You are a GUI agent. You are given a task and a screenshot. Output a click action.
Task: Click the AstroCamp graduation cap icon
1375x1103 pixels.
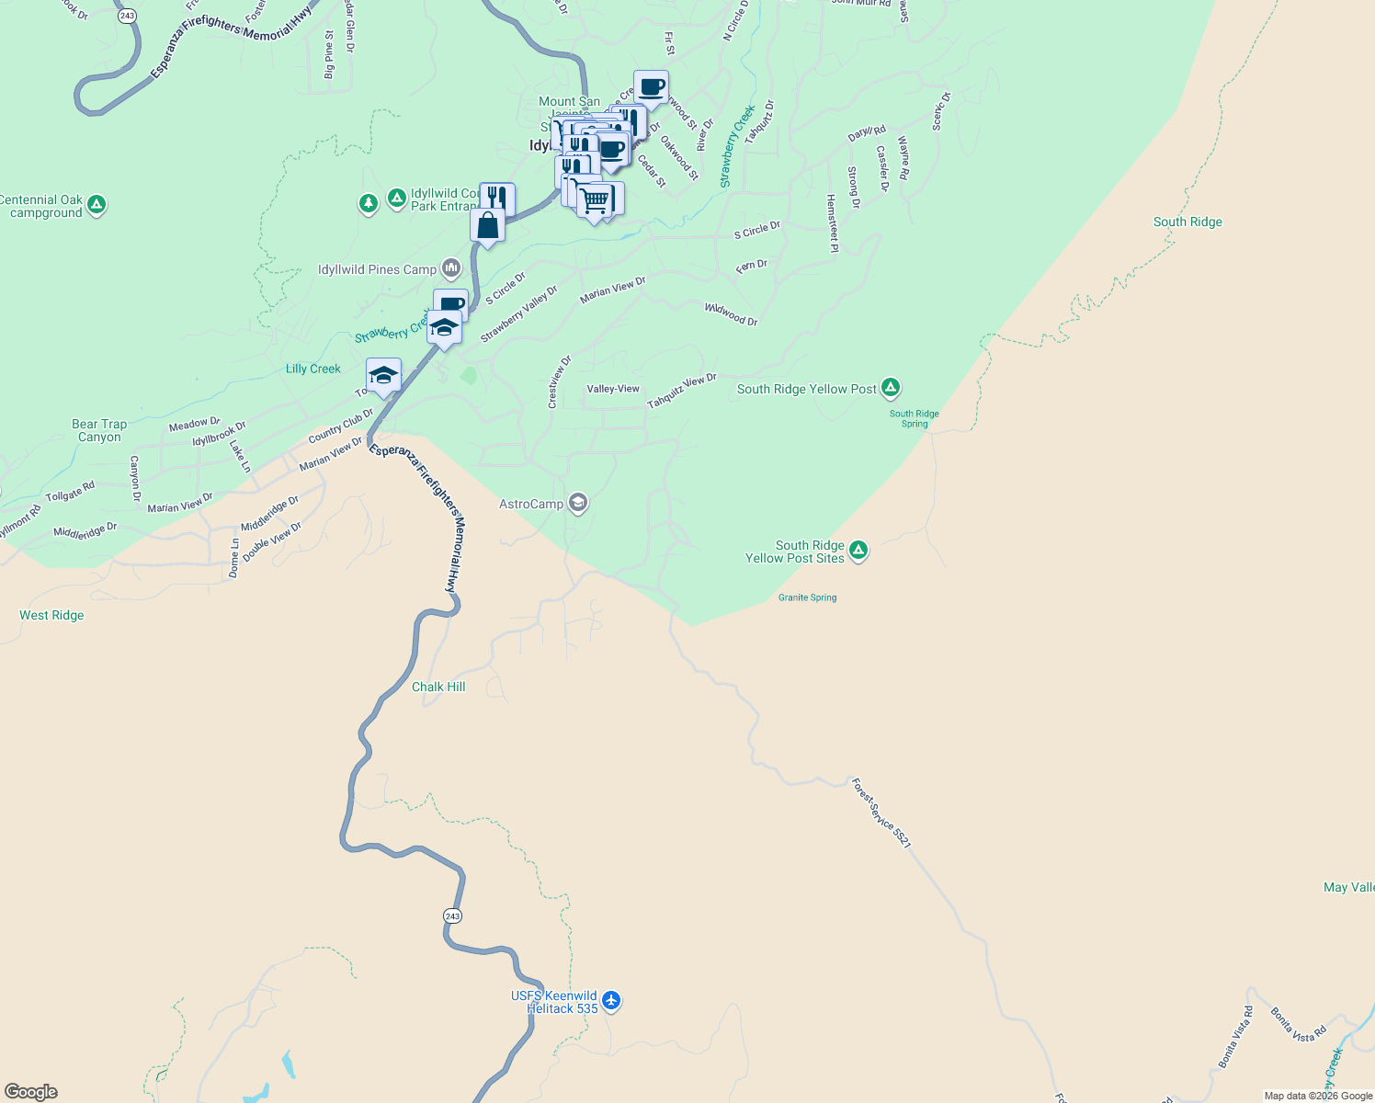point(577,503)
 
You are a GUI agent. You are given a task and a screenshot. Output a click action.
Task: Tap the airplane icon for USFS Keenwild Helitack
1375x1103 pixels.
point(611,1001)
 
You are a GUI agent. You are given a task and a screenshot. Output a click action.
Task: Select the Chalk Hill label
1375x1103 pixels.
point(438,687)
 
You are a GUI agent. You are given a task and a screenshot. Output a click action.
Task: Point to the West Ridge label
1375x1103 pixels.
point(51,615)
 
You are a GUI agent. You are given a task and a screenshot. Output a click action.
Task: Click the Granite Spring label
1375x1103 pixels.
point(807,597)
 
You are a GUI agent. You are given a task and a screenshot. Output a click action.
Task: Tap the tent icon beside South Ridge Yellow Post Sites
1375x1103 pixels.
point(858,551)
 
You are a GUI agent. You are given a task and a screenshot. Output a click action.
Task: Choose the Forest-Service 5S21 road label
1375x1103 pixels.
point(881,813)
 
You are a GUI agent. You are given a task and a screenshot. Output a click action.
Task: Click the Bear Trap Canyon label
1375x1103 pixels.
point(99,430)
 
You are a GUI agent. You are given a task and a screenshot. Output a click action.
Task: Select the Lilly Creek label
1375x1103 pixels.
point(312,369)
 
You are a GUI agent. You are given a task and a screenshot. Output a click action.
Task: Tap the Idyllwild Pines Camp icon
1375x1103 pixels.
point(450,268)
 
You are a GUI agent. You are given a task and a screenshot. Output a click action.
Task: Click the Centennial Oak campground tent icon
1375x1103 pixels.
point(97,205)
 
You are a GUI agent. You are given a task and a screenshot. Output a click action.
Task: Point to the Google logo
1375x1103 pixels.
point(31,1091)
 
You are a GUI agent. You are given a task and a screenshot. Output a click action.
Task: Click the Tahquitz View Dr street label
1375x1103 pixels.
point(681,392)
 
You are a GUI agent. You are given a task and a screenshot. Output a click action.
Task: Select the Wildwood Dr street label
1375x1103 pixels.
point(732,314)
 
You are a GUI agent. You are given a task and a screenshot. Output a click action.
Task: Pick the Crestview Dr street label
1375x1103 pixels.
point(559,381)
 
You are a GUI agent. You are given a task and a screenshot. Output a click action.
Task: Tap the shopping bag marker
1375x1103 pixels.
point(487,226)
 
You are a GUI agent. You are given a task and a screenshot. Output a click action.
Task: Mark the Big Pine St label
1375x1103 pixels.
point(329,54)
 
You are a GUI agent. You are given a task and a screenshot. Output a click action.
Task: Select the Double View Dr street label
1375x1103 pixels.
point(272,537)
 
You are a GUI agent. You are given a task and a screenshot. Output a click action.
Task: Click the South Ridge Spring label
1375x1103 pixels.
point(914,418)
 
